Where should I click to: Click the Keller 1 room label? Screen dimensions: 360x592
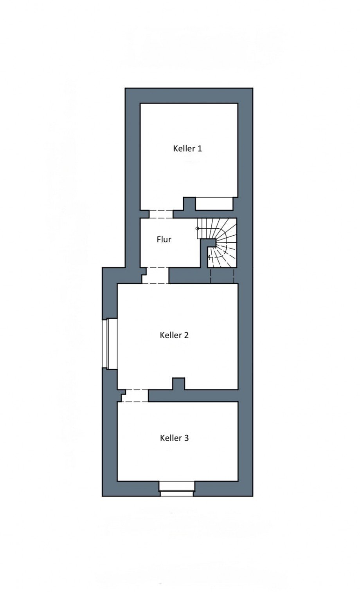tap(187, 148)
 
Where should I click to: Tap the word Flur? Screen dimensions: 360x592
tap(164, 240)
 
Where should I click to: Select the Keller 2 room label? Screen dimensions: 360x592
tap(174, 335)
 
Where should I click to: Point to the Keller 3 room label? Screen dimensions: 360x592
tap(174, 438)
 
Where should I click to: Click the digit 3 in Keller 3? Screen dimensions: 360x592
tap(187, 438)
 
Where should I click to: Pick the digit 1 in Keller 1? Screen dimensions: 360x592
tap(200, 148)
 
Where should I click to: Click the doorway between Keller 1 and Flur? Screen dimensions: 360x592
tap(161, 214)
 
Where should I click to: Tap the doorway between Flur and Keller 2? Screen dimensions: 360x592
tap(156, 275)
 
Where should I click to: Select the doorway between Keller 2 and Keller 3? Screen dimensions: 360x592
tap(135, 395)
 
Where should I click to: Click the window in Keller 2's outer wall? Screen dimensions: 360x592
tap(110, 344)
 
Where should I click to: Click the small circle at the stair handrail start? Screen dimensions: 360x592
tap(197, 228)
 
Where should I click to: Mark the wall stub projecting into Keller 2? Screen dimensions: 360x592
tap(179, 384)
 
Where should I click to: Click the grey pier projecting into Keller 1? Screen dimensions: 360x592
tap(189, 204)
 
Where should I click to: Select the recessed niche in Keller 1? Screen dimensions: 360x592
tap(214, 204)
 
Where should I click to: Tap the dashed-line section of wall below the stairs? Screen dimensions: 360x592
tap(222, 276)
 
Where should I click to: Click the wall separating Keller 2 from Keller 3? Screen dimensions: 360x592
tap(193, 395)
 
